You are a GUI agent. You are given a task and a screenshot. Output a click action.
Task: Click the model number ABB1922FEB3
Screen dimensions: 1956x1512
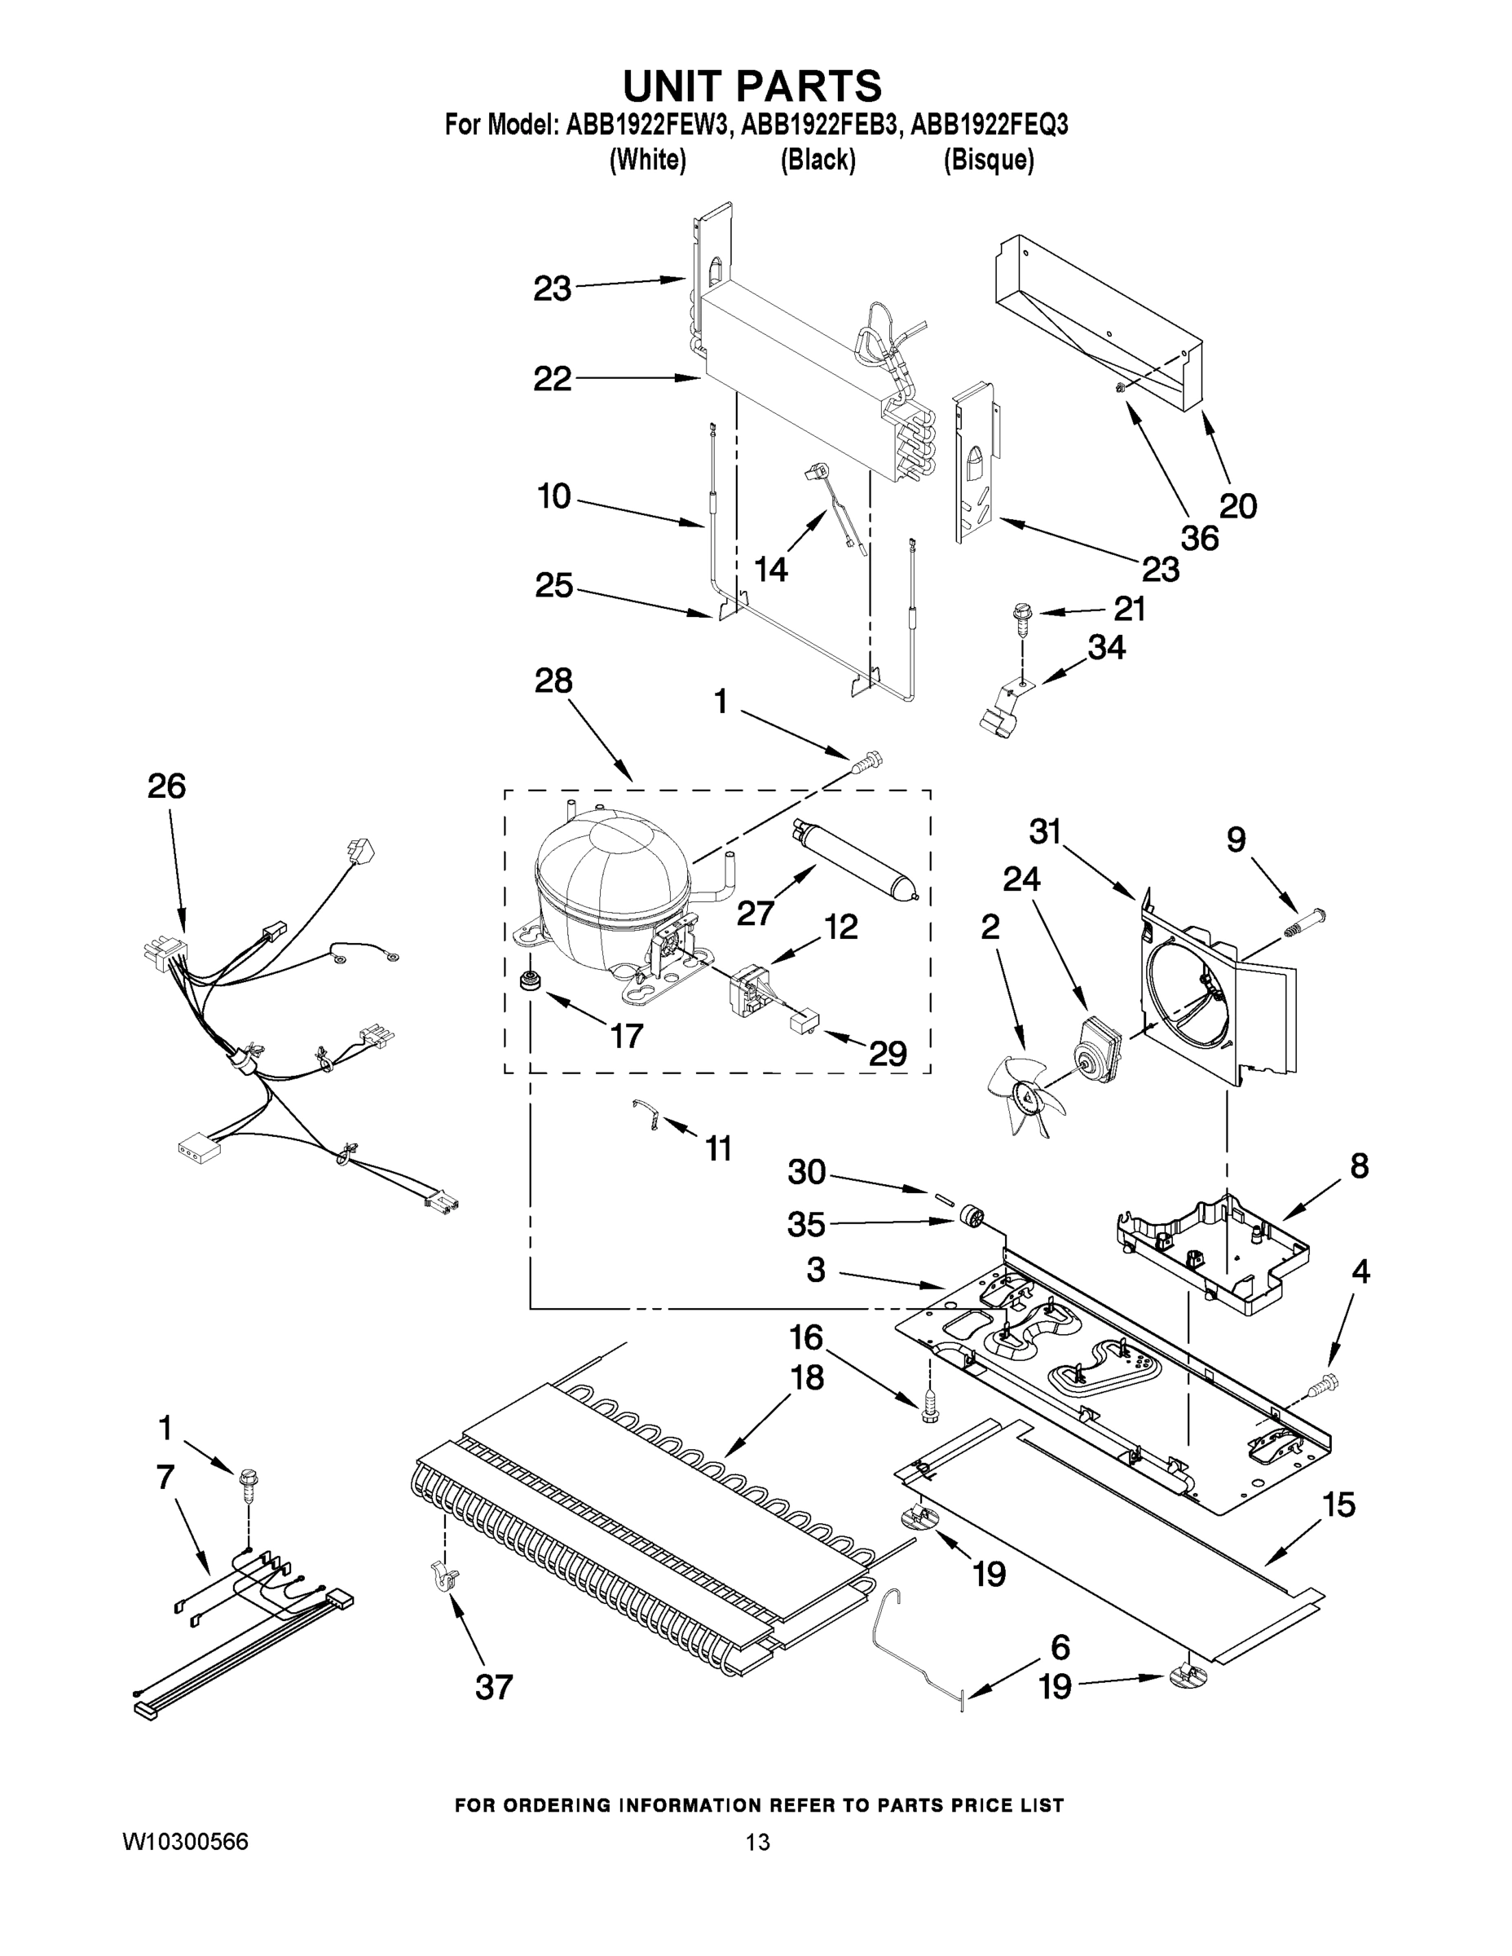click(818, 126)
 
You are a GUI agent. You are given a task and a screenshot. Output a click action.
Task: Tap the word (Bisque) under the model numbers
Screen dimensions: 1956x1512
click(988, 161)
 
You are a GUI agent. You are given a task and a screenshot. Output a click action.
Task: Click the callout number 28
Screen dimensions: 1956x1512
click(553, 681)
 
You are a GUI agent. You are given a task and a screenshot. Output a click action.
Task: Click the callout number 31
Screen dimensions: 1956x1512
click(1044, 832)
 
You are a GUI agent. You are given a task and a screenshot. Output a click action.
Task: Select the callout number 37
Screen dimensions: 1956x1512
click(494, 1687)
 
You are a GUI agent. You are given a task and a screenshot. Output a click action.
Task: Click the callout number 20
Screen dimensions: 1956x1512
click(1238, 507)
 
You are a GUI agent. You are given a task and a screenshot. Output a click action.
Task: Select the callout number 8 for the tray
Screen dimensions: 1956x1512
click(1359, 1166)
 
